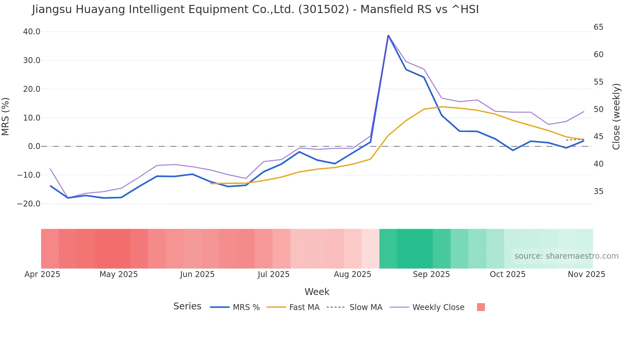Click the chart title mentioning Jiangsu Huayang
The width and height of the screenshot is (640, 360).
point(255,9)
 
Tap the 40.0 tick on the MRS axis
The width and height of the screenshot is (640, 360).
point(32,32)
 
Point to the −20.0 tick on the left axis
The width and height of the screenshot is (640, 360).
point(29,204)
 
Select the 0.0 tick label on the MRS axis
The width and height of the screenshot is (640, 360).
point(34,146)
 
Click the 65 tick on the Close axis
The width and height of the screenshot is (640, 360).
point(599,27)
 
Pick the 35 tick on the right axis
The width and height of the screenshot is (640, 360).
point(599,191)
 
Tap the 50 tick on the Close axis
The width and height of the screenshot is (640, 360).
point(599,109)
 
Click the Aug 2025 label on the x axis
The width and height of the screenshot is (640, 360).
point(352,274)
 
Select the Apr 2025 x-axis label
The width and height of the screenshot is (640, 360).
point(42,274)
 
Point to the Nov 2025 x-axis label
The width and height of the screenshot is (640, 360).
point(586,274)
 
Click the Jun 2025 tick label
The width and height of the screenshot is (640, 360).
point(197,274)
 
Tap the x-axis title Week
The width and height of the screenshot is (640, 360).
point(317,292)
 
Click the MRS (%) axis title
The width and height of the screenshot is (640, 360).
point(6,117)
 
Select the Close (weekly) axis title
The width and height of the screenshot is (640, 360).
point(616,117)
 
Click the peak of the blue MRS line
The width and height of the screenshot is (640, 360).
point(388,35)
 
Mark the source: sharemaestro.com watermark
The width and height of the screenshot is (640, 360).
point(566,256)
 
